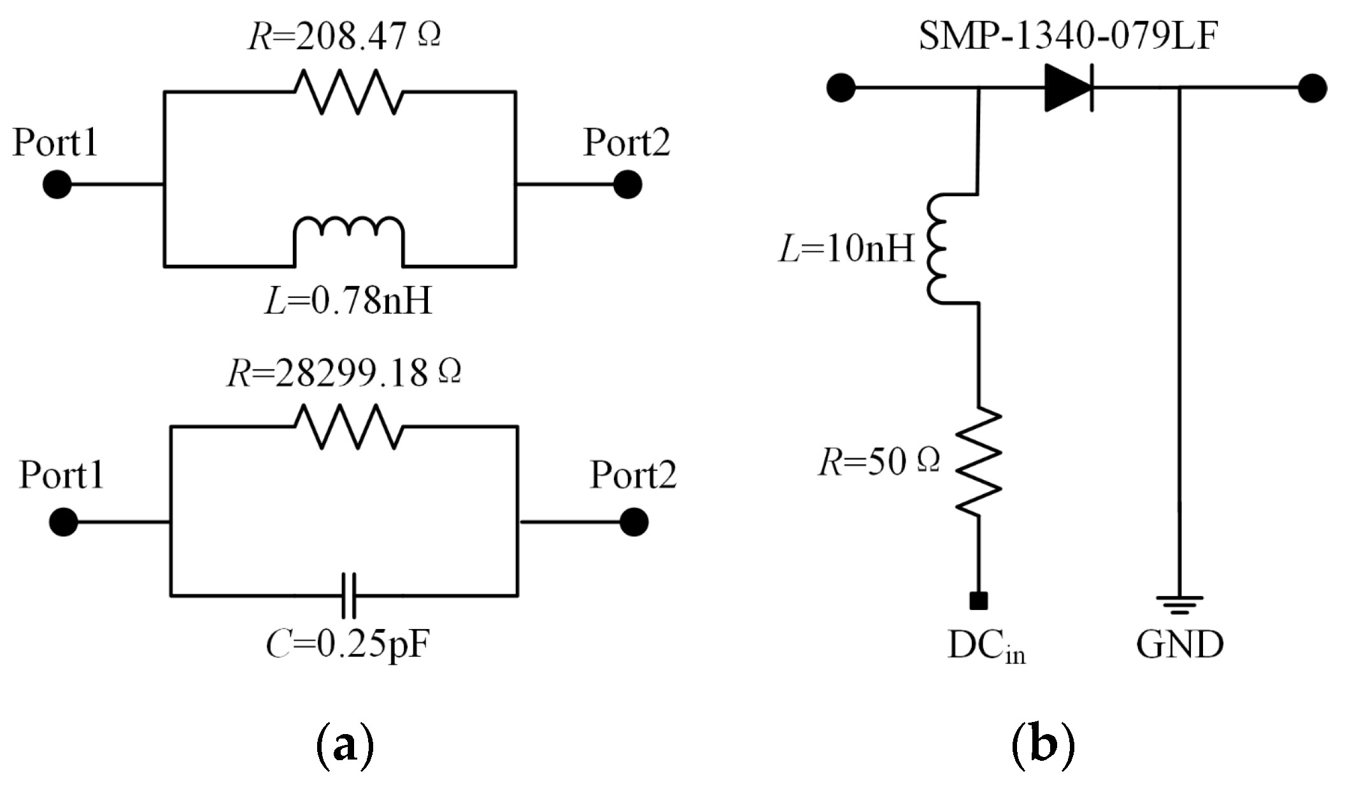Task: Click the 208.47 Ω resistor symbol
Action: [x=348, y=92]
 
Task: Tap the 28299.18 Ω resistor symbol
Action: [x=348, y=427]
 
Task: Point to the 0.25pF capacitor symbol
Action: [x=348, y=595]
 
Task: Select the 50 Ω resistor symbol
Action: [x=978, y=462]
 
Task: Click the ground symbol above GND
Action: [x=1179, y=604]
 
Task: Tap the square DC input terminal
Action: [x=978, y=600]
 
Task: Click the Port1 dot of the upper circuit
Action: [x=57, y=185]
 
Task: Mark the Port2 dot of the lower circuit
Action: [x=634, y=522]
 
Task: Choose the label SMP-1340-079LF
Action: [x=1068, y=36]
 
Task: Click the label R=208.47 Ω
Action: [x=344, y=36]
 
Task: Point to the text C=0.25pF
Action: [x=348, y=645]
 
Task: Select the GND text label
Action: [x=1179, y=645]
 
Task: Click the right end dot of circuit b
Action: [x=1313, y=88]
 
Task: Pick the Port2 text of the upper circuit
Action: [x=627, y=142]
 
